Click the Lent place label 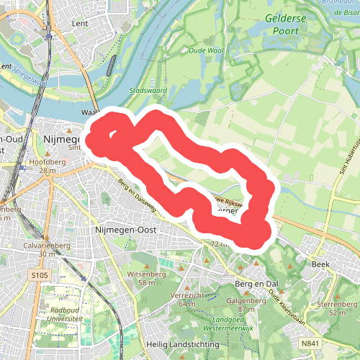pos(80,24)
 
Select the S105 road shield pos(40,275)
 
